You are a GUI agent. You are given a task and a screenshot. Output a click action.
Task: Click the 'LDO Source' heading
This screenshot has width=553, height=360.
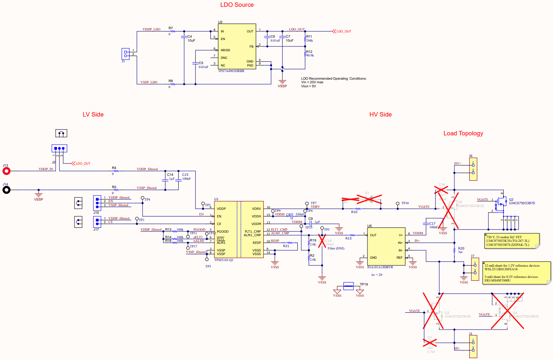point(237,5)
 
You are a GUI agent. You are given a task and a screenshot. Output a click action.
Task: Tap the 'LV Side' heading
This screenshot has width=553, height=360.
point(93,115)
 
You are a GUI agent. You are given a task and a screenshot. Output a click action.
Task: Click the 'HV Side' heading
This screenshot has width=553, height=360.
point(380,115)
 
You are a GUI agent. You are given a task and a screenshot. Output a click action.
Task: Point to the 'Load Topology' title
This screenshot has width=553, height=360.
point(463,133)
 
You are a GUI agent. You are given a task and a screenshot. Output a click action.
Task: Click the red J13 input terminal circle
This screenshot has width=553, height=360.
point(6,171)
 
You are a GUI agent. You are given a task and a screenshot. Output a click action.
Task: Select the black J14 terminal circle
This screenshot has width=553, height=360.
point(6,190)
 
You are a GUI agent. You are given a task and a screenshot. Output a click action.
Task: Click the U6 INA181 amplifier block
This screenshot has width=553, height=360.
point(386,246)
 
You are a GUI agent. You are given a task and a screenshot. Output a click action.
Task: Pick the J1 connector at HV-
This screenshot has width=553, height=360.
point(473,346)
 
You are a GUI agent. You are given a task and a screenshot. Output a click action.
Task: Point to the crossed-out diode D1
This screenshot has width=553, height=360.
point(368,199)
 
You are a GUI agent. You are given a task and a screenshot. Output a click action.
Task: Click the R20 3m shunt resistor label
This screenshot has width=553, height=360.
point(461,250)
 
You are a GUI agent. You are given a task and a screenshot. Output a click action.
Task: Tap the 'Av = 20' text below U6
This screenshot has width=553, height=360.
point(376,275)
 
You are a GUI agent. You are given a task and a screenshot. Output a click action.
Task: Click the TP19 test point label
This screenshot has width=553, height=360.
point(363,284)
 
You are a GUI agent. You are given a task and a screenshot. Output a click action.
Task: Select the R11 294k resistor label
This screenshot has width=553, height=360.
point(309,38)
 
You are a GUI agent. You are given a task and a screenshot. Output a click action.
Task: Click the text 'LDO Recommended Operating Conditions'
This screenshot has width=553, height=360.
point(334,78)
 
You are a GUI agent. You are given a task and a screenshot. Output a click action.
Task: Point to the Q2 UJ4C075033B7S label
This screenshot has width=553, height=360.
point(521,201)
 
